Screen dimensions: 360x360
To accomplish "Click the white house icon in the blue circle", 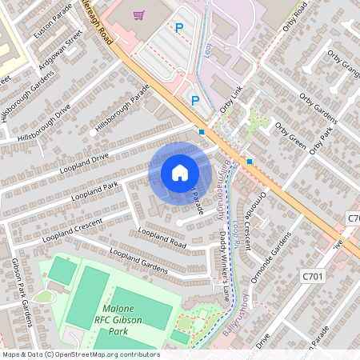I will click(x=179, y=172).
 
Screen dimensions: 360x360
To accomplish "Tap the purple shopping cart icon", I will click(x=139, y=15).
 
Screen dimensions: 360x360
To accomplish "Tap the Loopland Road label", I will click(x=162, y=238).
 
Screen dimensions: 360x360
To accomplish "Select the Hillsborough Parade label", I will click(x=122, y=110).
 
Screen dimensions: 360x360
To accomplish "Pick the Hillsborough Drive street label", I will click(x=46, y=120).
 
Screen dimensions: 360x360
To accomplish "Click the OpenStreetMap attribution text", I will click(x=80, y=354).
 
